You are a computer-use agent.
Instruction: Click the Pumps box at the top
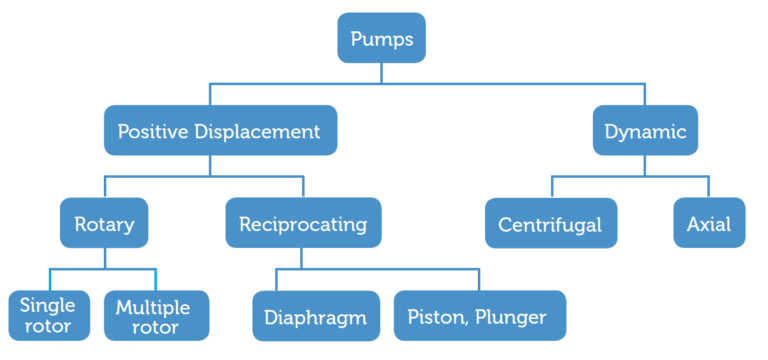pyautogui.click(x=381, y=39)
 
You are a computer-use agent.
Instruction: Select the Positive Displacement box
pyautogui.click(x=219, y=131)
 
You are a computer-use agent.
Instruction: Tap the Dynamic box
pyautogui.click(x=644, y=131)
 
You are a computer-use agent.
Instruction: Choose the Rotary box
pyautogui.click(x=105, y=223)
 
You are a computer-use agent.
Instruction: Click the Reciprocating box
pyautogui.click(x=303, y=223)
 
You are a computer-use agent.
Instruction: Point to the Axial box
pyautogui.click(x=708, y=223)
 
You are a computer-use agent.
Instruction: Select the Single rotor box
pyautogui.click(x=47, y=315)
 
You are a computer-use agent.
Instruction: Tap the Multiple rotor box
pyautogui.click(x=156, y=315)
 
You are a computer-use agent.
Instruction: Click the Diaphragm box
pyautogui.click(x=315, y=317)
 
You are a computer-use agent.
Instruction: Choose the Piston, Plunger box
pyautogui.click(x=478, y=317)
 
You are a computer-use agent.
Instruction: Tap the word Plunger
pyautogui.click(x=511, y=317)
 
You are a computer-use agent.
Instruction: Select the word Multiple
pyautogui.click(x=156, y=305)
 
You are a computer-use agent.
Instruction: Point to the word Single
pyautogui.click(x=47, y=305)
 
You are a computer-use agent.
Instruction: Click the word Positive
pyautogui.click(x=151, y=131)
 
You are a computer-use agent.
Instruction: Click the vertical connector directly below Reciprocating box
pyautogui.click(x=303, y=257)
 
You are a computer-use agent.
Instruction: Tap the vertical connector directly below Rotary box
pyautogui.click(x=105, y=257)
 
